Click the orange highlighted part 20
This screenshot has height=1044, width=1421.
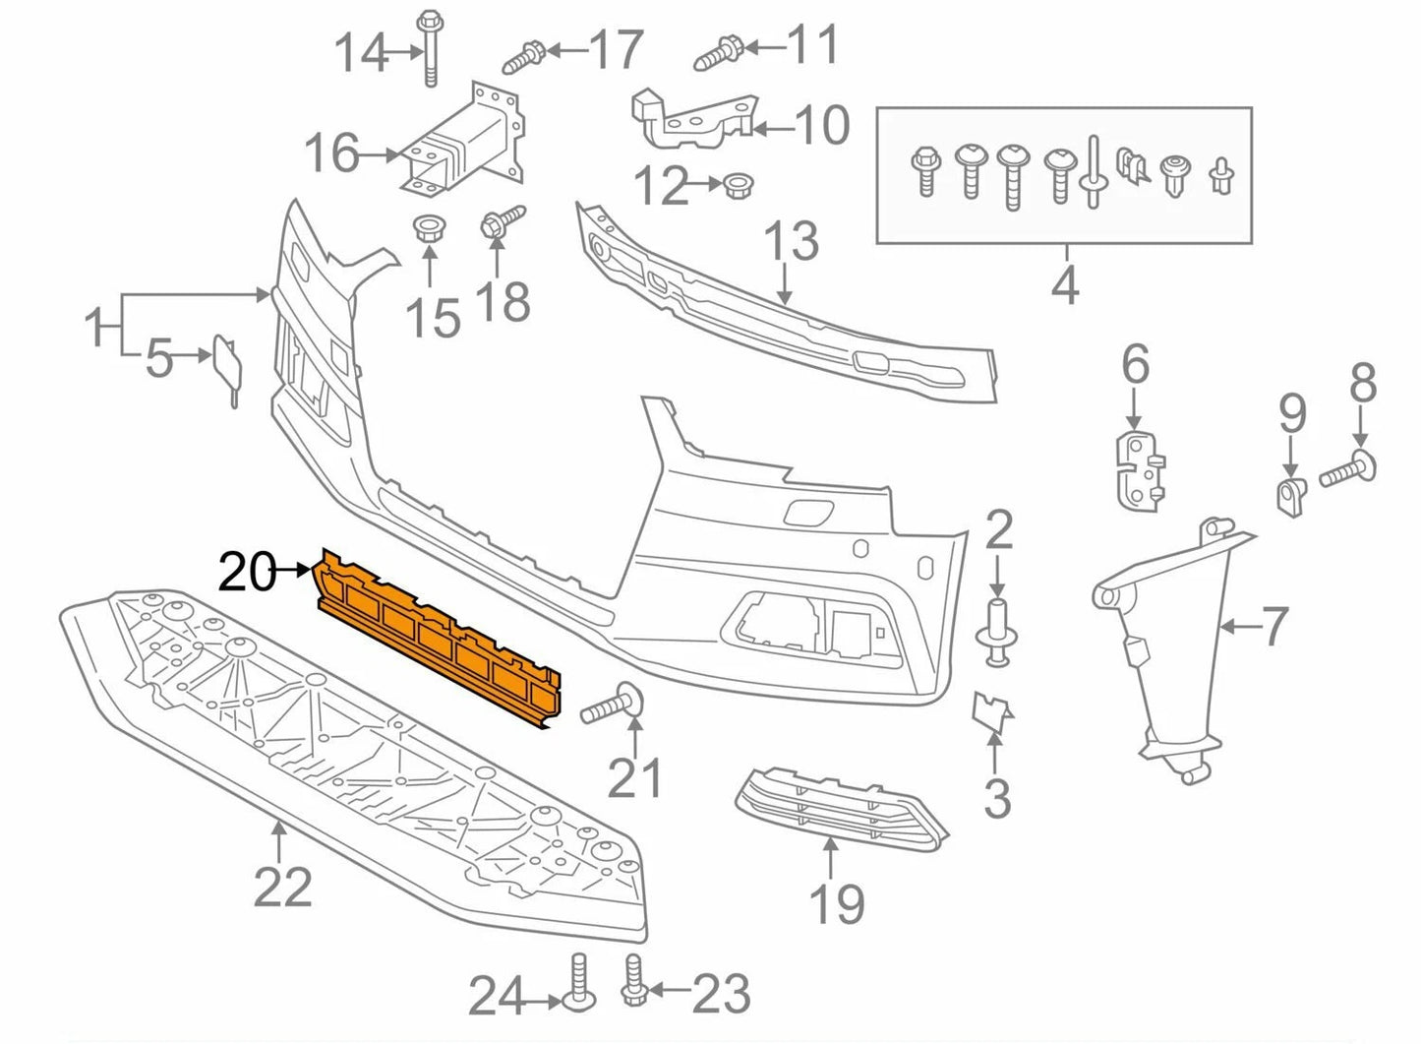tap(438, 640)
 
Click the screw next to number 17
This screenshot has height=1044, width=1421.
tap(525, 57)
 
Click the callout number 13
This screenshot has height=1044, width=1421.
tap(791, 241)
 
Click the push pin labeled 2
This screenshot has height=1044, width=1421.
tap(997, 630)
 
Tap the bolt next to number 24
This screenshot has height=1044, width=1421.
tap(577, 980)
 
